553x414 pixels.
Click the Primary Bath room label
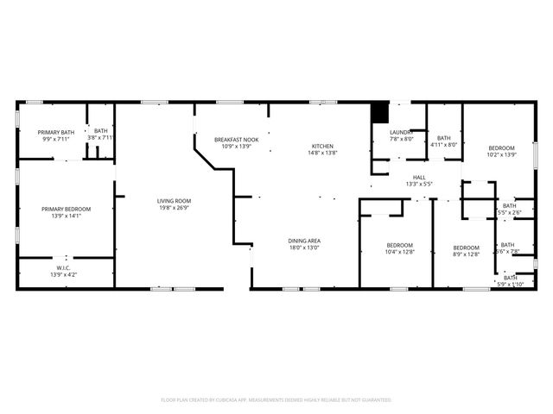(x=55, y=132)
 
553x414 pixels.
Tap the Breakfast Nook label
(x=236, y=140)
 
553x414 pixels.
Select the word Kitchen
(x=322, y=146)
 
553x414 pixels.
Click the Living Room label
(x=173, y=201)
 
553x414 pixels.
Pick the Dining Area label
(x=304, y=241)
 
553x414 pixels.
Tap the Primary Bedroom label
(x=66, y=209)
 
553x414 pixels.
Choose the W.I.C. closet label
(x=63, y=268)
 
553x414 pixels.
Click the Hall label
(x=418, y=177)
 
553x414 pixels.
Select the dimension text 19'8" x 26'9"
(x=173, y=208)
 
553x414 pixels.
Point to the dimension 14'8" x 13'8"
(x=322, y=153)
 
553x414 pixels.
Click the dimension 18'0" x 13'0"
(x=304, y=248)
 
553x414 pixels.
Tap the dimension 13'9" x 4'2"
(x=63, y=275)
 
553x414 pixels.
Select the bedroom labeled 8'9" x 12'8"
(x=466, y=248)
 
